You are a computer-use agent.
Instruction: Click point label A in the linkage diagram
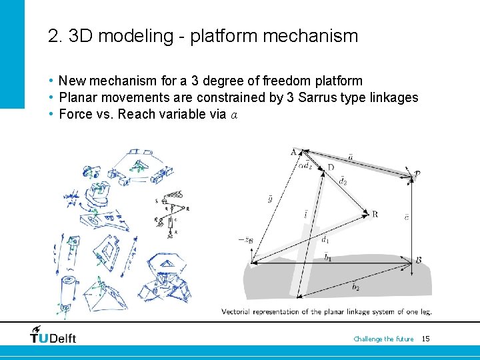pos(294,152)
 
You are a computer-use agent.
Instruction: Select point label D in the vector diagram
pos(331,167)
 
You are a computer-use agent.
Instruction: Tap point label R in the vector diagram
pos(375,214)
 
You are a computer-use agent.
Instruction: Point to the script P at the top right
pos(417,174)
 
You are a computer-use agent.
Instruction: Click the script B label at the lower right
pos(418,259)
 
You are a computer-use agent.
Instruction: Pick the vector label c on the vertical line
pos(407,217)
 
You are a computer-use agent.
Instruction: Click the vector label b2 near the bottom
pos(355,288)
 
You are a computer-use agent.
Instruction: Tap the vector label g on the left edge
pos(269,199)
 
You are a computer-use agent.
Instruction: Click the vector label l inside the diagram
pos(305,215)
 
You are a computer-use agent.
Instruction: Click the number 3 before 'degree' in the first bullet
pos(195,81)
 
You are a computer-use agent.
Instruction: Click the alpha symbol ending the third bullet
pos(233,115)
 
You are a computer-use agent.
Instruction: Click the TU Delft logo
pos(53,335)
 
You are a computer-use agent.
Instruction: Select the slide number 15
pos(425,339)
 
